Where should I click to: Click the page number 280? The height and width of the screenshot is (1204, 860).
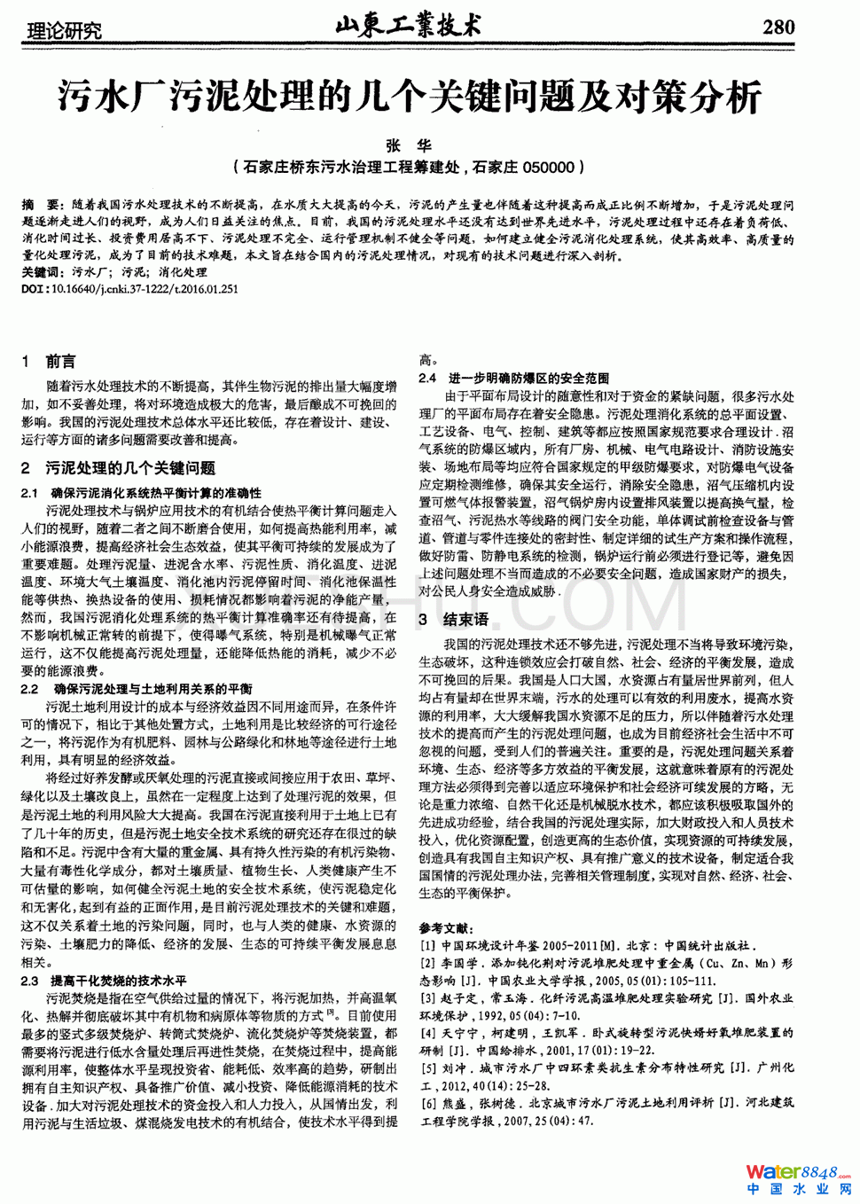click(778, 27)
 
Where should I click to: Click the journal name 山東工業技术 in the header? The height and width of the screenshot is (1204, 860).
click(409, 27)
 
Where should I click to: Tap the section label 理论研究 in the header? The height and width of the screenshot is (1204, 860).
click(66, 31)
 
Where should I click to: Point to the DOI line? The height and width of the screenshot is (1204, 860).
click(130, 289)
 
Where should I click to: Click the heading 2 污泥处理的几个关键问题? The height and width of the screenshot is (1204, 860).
click(119, 468)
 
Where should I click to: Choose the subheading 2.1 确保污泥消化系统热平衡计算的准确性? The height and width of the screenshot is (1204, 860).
click(142, 493)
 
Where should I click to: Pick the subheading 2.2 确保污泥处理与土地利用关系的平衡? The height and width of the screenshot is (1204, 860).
click(137, 689)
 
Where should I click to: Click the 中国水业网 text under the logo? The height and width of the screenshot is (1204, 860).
click(799, 1190)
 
